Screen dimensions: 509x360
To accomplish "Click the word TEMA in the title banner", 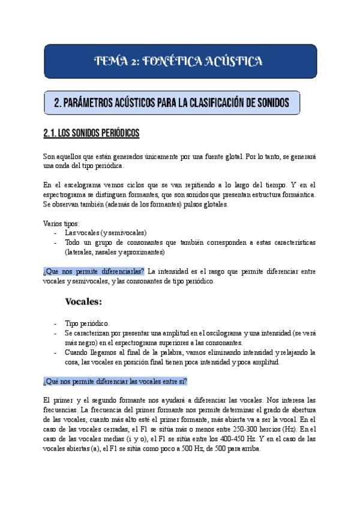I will tap(112, 61).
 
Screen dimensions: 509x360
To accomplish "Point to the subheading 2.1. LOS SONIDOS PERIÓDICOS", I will tap(92, 132).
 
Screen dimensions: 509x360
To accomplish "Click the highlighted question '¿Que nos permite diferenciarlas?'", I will tap(94, 271).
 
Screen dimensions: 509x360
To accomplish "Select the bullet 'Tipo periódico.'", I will tap(87, 323).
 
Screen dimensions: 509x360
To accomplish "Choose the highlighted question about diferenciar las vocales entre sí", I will tap(115, 381).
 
